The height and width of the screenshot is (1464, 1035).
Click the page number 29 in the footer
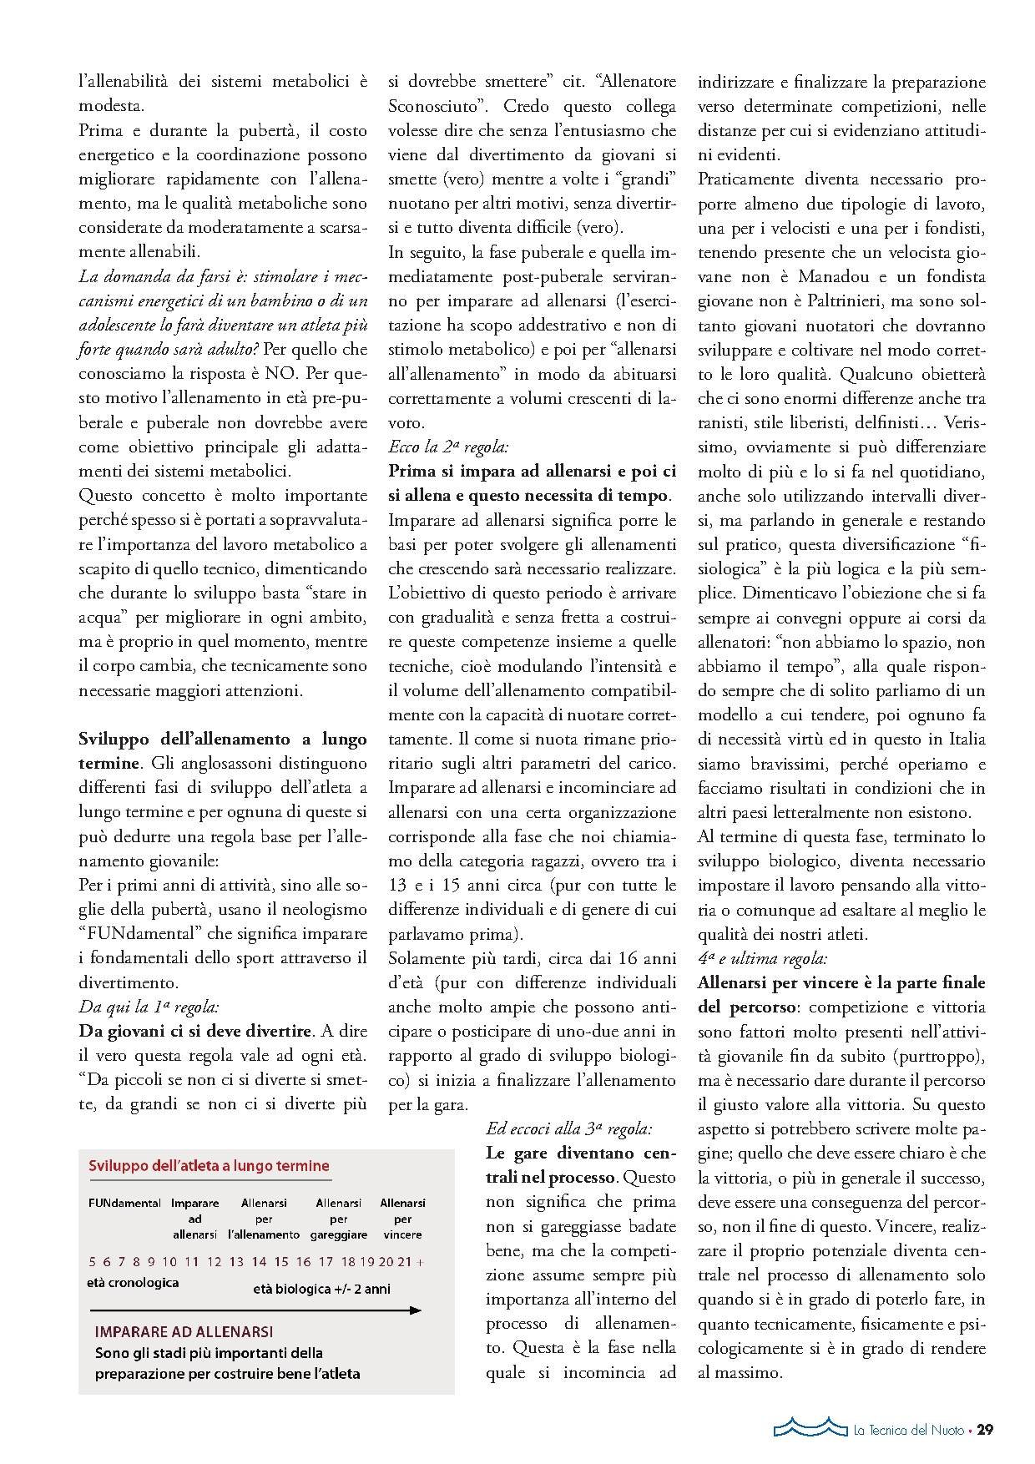pyautogui.click(x=985, y=1430)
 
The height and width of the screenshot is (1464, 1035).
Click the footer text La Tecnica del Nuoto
pyautogui.click(x=908, y=1431)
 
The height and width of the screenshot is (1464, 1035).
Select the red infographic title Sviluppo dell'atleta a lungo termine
pyautogui.click(x=209, y=1166)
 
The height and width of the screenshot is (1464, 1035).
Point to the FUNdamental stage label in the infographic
pyautogui.click(x=124, y=1203)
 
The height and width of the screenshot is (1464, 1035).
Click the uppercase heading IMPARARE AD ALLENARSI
pyautogui.click(x=184, y=1332)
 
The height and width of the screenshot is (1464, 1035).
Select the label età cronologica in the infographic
pyautogui.click(x=133, y=1283)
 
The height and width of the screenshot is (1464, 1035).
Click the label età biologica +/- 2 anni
pyautogui.click(x=321, y=1289)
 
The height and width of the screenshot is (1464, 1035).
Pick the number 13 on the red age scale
pyautogui.click(x=236, y=1262)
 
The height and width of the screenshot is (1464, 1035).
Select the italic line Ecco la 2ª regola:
pyautogui.click(x=448, y=447)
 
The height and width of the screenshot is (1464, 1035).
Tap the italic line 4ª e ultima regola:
pyautogui.click(x=762, y=959)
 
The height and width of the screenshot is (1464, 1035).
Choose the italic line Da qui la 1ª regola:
pyautogui.click(x=149, y=1007)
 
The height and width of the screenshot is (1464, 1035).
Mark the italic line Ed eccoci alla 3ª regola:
pyautogui.click(x=569, y=1129)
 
